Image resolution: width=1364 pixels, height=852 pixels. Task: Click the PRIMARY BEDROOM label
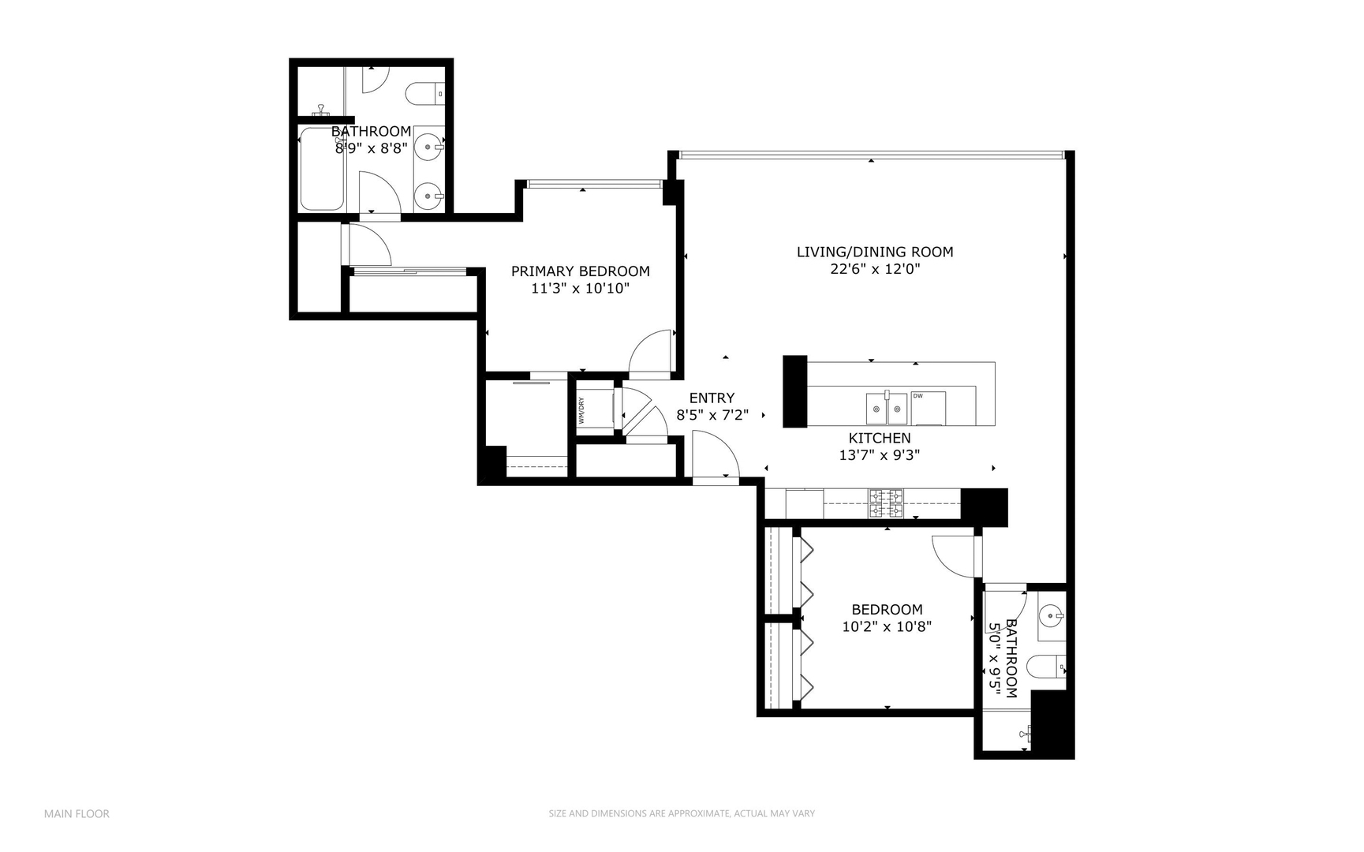coord(580,271)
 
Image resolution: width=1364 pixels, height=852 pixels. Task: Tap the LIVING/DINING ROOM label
coord(874,252)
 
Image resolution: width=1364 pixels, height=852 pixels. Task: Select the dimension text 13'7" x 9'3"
coord(879,455)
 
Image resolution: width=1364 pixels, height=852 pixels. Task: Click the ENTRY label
coord(712,398)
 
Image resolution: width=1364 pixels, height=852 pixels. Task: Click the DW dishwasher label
coord(917,396)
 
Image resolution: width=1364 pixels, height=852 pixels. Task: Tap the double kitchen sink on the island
coord(887,409)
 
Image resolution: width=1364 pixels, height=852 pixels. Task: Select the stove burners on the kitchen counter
coord(886,503)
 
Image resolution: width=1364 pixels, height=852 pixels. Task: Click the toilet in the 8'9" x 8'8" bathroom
coord(424,94)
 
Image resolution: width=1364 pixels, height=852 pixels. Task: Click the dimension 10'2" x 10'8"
coord(887,627)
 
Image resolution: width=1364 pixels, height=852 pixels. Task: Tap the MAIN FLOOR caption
coord(77,813)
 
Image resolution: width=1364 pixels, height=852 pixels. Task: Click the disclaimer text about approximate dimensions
coord(682,813)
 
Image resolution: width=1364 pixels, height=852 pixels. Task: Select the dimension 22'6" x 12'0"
coord(874,269)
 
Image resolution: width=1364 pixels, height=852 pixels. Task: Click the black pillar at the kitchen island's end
coord(794,392)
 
